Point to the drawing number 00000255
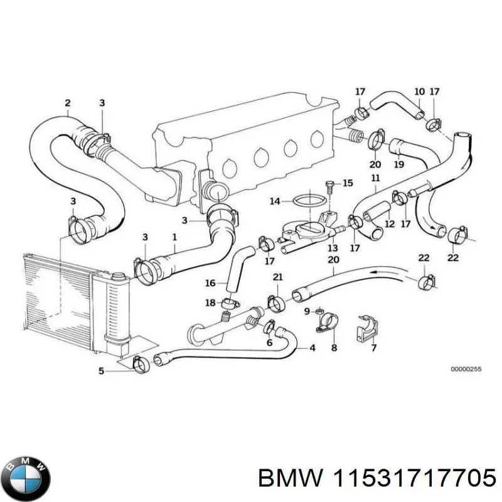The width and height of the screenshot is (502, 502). tap(466, 370)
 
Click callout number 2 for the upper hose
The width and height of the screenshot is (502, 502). tap(67, 103)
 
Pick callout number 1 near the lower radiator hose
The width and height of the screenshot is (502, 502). tap(174, 237)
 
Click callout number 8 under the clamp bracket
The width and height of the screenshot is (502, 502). tap(334, 348)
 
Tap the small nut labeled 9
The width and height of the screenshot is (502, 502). tap(319, 312)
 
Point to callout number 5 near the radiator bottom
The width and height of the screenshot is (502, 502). tap(102, 370)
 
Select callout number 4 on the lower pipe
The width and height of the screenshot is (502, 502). tap(312, 347)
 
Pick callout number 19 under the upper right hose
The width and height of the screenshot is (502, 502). tap(398, 166)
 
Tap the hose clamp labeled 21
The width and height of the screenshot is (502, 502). tap(276, 303)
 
